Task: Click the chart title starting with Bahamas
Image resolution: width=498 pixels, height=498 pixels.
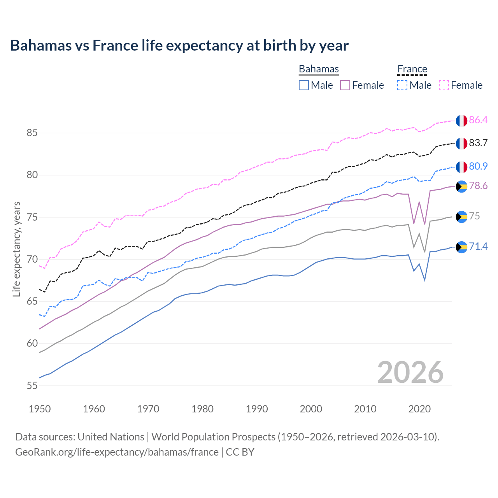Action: click(x=179, y=46)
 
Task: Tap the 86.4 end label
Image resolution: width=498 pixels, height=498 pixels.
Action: click(x=478, y=120)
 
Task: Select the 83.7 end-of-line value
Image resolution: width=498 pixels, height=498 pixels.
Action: click(x=478, y=143)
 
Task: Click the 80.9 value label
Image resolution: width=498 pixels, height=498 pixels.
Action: click(x=478, y=166)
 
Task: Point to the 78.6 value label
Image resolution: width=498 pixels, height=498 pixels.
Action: click(x=478, y=186)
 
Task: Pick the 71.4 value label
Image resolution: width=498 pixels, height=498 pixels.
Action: click(x=478, y=246)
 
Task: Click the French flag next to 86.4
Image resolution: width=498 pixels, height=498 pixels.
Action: click(x=461, y=121)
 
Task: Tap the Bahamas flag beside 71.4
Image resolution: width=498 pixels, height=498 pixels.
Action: click(x=461, y=247)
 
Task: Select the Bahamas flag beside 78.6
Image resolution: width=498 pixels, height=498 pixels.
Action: click(x=461, y=186)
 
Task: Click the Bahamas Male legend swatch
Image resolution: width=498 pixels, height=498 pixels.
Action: click(x=304, y=85)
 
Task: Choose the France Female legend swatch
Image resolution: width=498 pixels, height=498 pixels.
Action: click(x=444, y=85)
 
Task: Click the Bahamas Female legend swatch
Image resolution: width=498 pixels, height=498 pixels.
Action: click(x=345, y=85)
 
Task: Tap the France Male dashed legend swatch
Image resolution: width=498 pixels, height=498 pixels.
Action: click(x=402, y=85)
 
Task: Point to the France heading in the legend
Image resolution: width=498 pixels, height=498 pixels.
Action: click(x=412, y=69)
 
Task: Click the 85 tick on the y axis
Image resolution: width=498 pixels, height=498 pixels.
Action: click(x=32, y=133)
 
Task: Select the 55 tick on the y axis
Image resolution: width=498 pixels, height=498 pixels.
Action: click(x=32, y=386)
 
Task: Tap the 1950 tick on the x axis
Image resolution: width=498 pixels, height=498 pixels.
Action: click(x=40, y=409)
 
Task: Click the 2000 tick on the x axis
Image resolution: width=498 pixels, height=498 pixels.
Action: click(x=311, y=409)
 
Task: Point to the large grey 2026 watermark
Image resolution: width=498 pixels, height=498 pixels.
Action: click(x=410, y=372)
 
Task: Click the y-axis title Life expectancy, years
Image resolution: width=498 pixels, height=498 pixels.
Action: click(x=16, y=249)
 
